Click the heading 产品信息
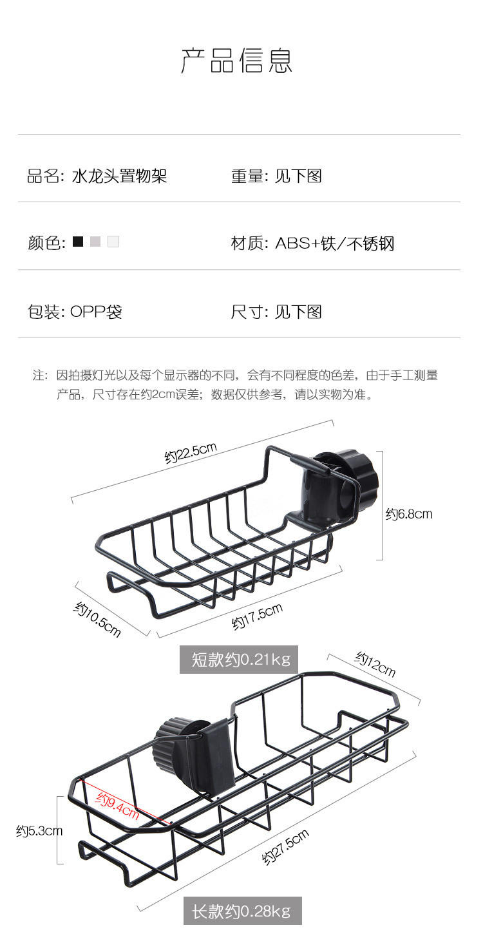pyautogui.click(x=238, y=61)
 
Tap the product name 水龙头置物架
pyautogui.click(x=120, y=176)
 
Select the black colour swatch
pyautogui.click(x=78, y=242)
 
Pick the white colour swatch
pyautogui.click(x=113, y=242)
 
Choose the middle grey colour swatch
pyautogui.click(x=95, y=242)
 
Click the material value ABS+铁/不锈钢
pyautogui.click(x=334, y=243)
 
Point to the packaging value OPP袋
pyautogui.click(x=96, y=312)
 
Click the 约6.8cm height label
pyautogui.click(x=409, y=513)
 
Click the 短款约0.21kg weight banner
pyautogui.click(x=240, y=660)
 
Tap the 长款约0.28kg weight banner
pyautogui.click(x=242, y=911)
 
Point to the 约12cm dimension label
pyautogui.click(x=375, y=663)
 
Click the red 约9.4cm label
pyautogui.click(x=118, y=807)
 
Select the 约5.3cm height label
pyautogui.click(x=39, y=831)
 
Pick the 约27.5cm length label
pyautogui.click(x=285, y=848)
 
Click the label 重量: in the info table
pyautogui.click(x=249, y=176)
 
